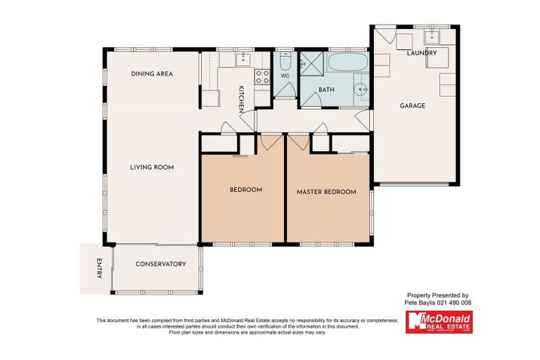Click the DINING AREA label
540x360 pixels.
click(152, 74)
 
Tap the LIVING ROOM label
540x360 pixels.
click(152, 167)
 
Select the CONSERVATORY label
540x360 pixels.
click(161, 264)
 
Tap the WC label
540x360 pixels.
click(285, 75)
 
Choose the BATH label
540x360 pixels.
click(326, 90)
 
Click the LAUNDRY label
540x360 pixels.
click(422, 53)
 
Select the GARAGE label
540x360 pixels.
click(413, 106)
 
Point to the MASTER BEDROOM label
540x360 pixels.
click(326, 192)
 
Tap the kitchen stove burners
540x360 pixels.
click(262, 77)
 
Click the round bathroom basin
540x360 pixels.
click(361, 89)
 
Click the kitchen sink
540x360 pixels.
click(244, 58)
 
